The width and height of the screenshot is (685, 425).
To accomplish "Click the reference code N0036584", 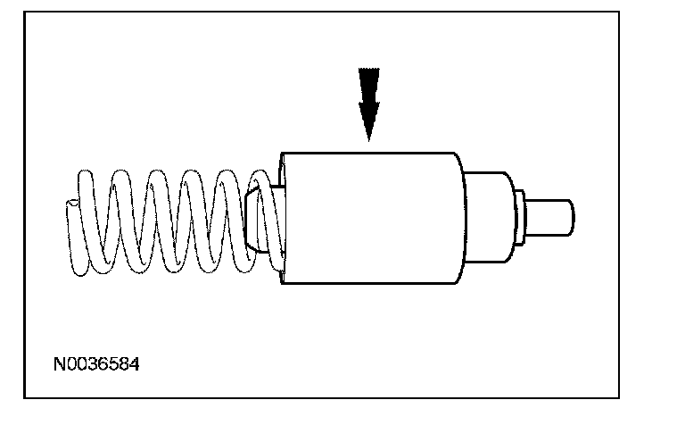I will pos(96,365).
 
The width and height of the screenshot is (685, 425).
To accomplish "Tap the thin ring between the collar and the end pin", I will pos(519,217).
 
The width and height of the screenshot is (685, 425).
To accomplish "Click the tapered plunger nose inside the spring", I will pos(255,220).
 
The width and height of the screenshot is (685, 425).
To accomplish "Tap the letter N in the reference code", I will pos(58,365).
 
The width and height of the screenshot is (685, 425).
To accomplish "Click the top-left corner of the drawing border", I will pos(24,12).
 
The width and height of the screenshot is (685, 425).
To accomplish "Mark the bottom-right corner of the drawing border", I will pos(619,396).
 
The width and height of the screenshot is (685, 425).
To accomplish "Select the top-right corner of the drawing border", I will pos(619,12).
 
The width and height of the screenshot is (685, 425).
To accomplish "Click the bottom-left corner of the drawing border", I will pos(24,396).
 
